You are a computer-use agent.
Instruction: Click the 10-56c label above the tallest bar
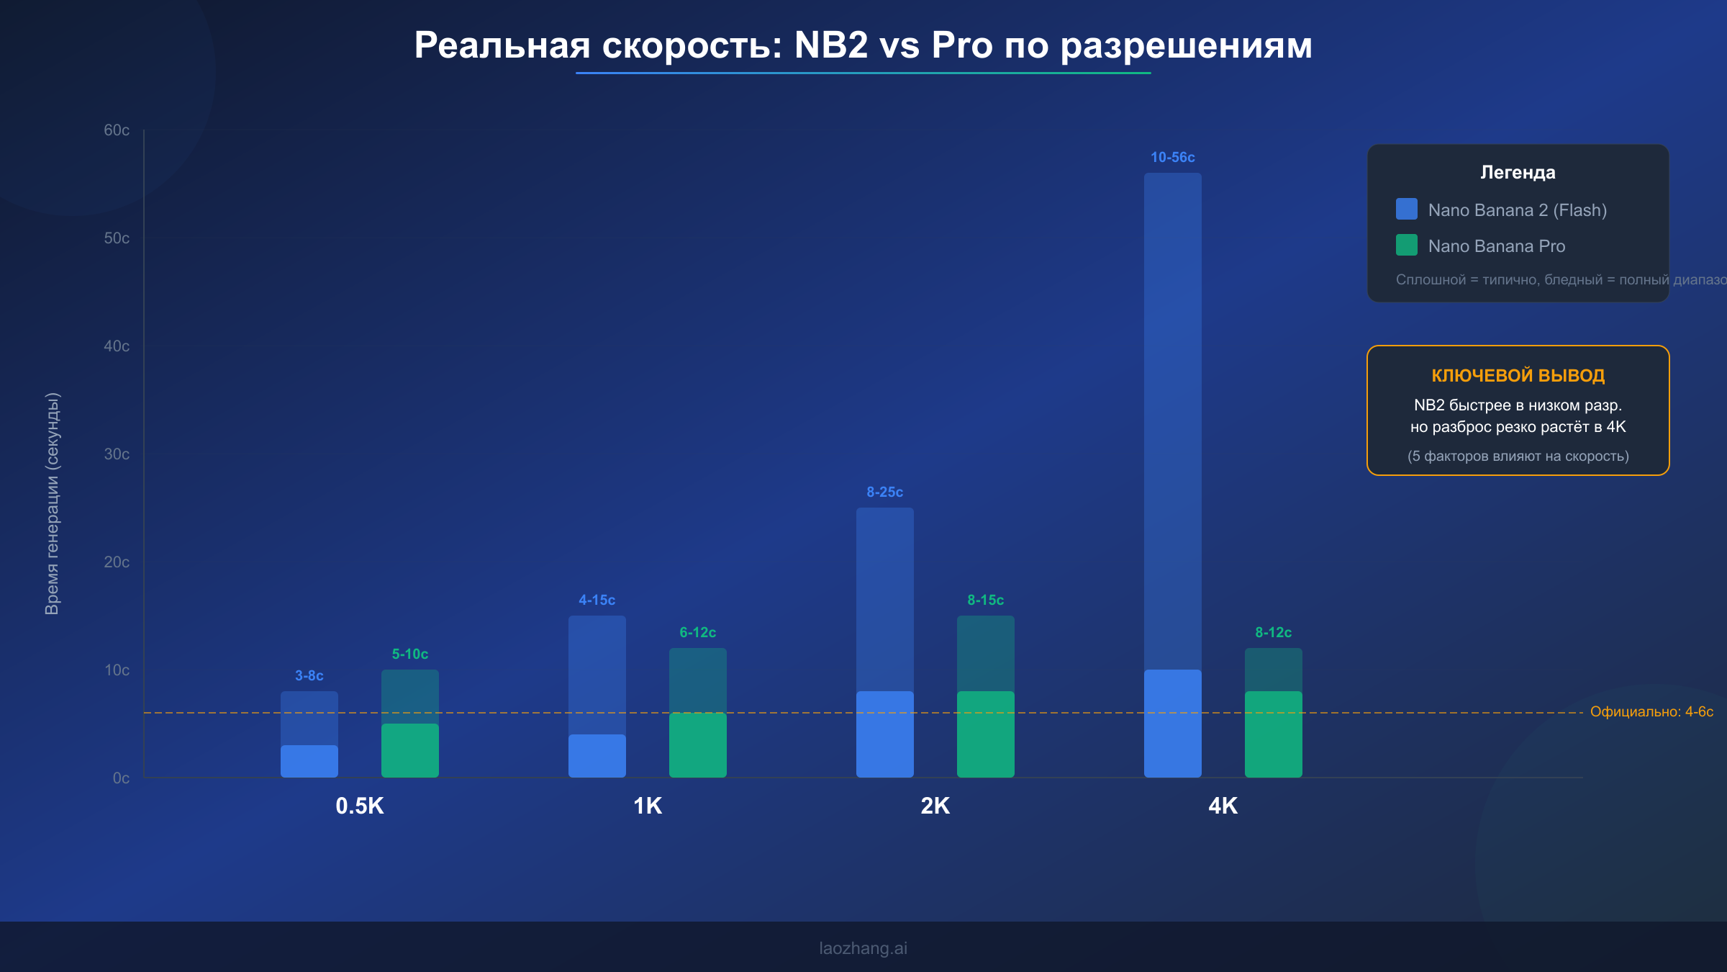1172,157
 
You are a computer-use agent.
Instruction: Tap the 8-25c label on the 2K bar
884,492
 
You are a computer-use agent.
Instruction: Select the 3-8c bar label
309,675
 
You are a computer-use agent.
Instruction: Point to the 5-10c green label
409,654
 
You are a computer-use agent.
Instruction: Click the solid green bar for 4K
1273,734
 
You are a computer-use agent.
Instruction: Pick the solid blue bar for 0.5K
309,761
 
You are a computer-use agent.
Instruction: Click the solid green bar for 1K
697,745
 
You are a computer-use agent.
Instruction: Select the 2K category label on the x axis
935,806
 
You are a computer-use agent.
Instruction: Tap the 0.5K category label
359,806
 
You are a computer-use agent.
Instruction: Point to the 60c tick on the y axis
117,130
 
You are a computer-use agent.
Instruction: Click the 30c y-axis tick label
117,454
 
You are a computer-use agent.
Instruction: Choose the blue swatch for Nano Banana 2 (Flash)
1406,210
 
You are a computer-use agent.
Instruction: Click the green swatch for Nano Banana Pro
1406,246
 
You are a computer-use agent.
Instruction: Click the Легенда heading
1518,172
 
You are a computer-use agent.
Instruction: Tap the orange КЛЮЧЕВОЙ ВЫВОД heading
1518,375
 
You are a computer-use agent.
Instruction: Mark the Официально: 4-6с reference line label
1651,711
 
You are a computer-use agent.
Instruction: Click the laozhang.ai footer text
863,948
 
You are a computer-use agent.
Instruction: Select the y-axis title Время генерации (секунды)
53,504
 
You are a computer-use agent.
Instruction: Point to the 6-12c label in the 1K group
697,632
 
